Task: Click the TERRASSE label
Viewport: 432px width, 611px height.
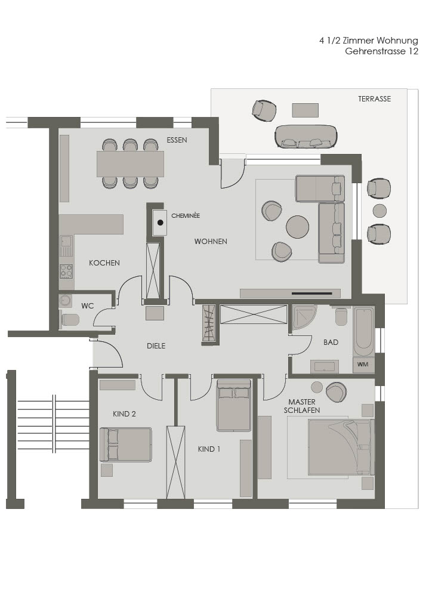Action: tap(374, 99)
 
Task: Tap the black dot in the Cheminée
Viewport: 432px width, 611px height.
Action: tap(160, 223)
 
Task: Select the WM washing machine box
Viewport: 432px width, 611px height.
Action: tap(363, 365)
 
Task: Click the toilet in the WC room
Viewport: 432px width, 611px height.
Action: tap(70, 320)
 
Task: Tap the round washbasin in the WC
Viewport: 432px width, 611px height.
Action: tap(65, 301)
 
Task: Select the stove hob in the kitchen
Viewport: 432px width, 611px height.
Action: tap(66, 271)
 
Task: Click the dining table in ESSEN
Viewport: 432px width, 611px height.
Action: tap(131, 163)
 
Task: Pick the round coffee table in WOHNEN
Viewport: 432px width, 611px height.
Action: tap(298, 227)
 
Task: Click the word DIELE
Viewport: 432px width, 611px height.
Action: tap(156, 345)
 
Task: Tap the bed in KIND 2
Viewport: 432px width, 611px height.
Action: tap(125, 445)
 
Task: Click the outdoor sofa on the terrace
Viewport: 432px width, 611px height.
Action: tap(306, 136)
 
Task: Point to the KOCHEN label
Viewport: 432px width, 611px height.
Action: tap(104, 263)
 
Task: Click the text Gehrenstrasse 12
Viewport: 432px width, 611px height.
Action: tap(382, 51)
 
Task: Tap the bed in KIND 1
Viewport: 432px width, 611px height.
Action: tap(234, 405)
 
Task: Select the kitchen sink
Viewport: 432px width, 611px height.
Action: tap(66, 246)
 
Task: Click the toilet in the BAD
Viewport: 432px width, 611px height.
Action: tap(341, 316)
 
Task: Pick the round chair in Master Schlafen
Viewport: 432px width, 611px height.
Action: tap(336, 391)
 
